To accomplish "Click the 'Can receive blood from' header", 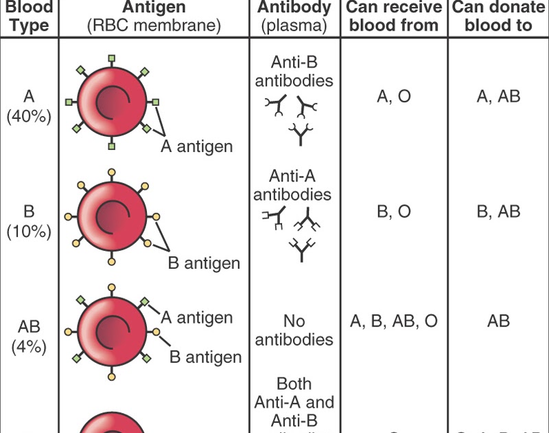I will (394, 16).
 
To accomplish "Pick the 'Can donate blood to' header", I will (499, 16).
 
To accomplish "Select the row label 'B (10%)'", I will (30, 221).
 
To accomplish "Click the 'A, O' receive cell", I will (394, 96).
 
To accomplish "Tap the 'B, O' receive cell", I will (394, 212).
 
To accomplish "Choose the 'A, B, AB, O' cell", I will (394, 321).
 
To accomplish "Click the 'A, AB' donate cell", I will (499, 96).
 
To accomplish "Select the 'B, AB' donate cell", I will (499, 212).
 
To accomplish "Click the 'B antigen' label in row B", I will (204, 263).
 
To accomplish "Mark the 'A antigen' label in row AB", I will (196, 317).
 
